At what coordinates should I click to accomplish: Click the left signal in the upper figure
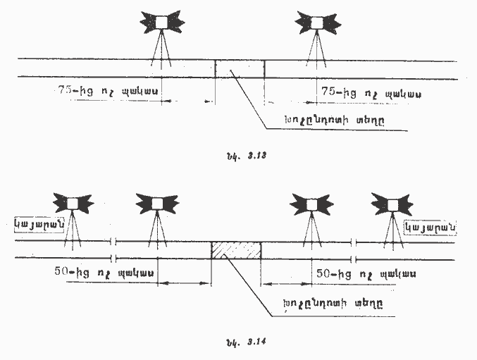point(162,23)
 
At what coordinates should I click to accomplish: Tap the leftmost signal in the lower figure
point(74,204)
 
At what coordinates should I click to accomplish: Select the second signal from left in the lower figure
point(156,204)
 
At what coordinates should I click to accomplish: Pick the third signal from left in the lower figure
point(311,204)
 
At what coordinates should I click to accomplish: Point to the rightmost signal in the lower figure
point(391,204)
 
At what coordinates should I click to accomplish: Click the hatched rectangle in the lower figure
point(236,250)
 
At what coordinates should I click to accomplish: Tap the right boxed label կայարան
point(430,227)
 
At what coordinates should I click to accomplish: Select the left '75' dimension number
point(67,92)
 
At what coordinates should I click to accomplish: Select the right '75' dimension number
point(331,92)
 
